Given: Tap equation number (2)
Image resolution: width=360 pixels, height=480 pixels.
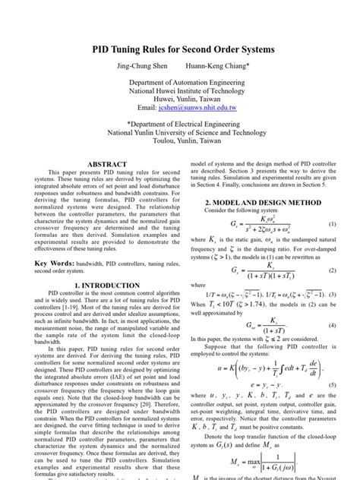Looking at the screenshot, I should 332,270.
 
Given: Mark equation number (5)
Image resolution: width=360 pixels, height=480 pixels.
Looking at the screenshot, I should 332,386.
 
